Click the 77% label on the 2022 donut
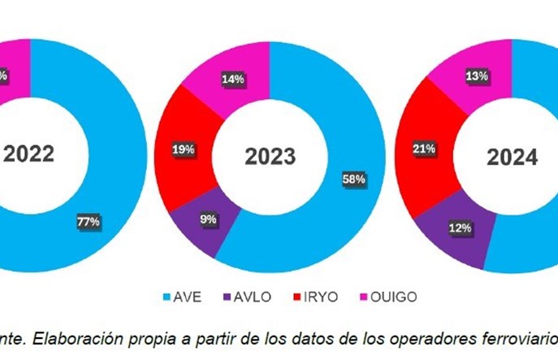pos(89,220)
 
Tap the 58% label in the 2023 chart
pos(354,178)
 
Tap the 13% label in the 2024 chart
pos(477,76)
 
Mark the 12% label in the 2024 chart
pos(461,228)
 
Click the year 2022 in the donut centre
pos(29,154)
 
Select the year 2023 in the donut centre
pos(271,156)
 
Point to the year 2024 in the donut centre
pos(513,157)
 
